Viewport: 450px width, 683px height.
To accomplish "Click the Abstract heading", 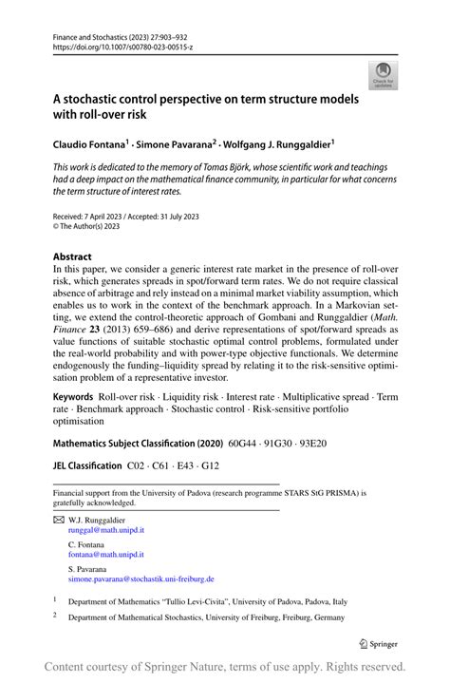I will tap(72, 257).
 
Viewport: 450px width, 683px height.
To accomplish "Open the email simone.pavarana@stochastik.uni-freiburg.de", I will tap(141, 579).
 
